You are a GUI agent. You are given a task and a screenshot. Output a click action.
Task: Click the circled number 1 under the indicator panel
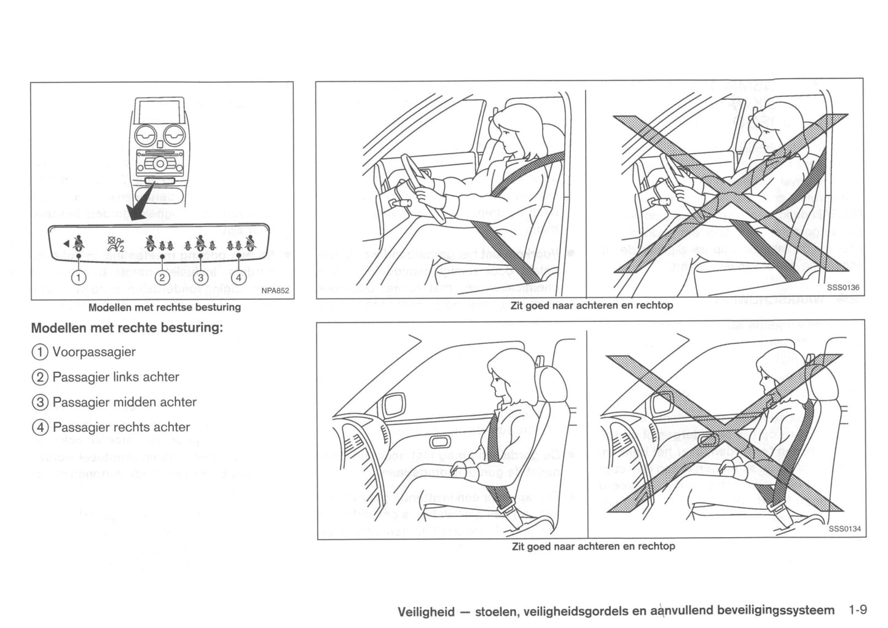[78, 277]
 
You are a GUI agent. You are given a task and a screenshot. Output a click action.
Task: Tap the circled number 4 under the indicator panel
[240, 277]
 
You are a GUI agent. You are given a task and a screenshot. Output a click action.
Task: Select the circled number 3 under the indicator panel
[200, 277]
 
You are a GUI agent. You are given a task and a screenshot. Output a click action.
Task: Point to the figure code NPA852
[275, 291]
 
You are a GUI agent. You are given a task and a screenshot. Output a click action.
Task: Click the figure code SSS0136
[843, 288]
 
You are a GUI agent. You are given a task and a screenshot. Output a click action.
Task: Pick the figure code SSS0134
[844, 528]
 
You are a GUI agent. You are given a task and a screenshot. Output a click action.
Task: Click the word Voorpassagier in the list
[94, 352]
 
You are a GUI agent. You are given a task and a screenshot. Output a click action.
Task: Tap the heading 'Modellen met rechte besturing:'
[127, 327]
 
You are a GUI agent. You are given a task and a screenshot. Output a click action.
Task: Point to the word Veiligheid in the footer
[426, 611]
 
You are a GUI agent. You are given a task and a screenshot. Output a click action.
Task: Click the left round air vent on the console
[146, 135]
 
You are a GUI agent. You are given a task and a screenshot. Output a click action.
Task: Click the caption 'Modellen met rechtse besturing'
[164, 307]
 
